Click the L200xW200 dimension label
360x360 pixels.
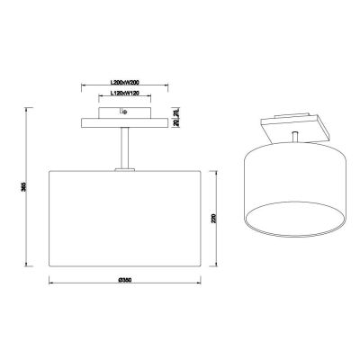pyautogui.click(x=123, y=85)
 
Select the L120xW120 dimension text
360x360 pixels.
pyautogui.click(x=123, y=94)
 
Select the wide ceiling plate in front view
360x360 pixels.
pyautogui.click(x=123, y=122)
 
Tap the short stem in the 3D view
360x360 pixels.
pyautogui.click(x=296, y=135)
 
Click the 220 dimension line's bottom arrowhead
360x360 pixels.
pyautogui.click(x=216, y=266)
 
